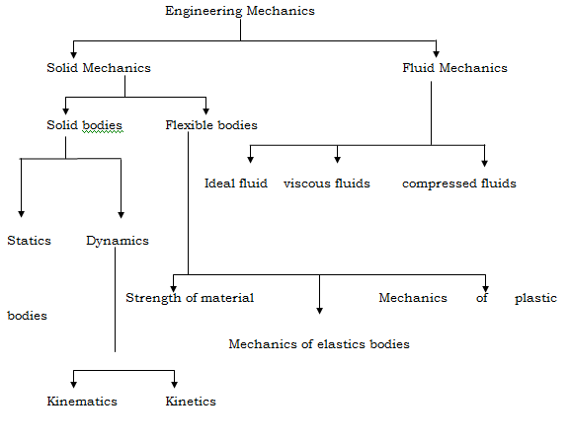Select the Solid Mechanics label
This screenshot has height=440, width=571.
pyautogui.click(x=98, y=68)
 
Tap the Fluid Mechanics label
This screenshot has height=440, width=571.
pyautogui.click(x=454, y=68)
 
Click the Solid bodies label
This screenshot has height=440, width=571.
pyautogui.click(x=84, y=125)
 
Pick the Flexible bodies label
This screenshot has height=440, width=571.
pyautogui.click(x=211, y=125)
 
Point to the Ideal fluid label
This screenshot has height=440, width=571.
pyautogui.click(x=235, y=183)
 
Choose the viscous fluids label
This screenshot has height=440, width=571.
pyautogui.click(x=327, y=183)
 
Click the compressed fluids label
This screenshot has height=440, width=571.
pyautogui.click(x=458, y=183)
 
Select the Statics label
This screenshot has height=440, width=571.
pyautogui.click(x=29, y=240)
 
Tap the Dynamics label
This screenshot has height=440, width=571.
pyautogui.click(x=118, y=240)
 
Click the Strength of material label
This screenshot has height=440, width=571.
pyautogui.click(x=190, y=297)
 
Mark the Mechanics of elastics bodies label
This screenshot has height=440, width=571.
pyautogui.click(x=318, y=344)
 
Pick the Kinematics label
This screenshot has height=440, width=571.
pyautogui.click(x=82, y=402)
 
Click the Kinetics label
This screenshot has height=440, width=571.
pyautogui.click(x=191, y=402)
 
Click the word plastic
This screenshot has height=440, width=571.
pyautogui.click(x=535, y=297)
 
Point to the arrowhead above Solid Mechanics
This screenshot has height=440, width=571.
pyautogui.click(x=73, y=53)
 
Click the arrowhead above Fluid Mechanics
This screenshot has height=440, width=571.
pyautogui.click(x=436, y=53)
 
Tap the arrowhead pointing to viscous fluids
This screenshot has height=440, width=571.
pyautogui.click(x=338, y=158)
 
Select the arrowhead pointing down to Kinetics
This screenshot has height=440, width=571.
pyautogui.click(x=176, y=384)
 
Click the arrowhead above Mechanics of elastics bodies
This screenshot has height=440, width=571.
pyautogui.click(x=319, y=309)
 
